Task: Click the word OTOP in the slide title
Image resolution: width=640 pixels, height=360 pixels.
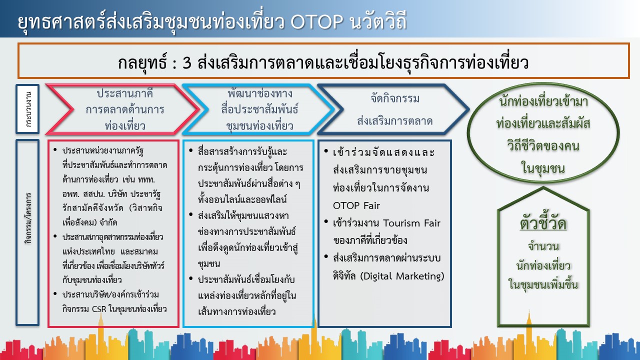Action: click(x=316, y=21)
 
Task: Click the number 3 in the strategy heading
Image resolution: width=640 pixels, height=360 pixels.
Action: click(x=187, y=62)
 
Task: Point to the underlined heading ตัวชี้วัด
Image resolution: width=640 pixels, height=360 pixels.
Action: click(x=543, y=223)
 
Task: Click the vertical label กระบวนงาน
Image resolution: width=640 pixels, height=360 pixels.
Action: click(x=28, y=109)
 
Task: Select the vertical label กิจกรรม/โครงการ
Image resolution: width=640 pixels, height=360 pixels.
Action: click(x=28, y=218)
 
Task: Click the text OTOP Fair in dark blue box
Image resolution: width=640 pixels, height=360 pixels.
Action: click(x=356, y=205)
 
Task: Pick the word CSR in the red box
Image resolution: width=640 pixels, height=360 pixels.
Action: click(x=99, y=309)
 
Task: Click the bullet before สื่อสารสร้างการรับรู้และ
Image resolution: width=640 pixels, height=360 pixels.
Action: click(x=191, y=150)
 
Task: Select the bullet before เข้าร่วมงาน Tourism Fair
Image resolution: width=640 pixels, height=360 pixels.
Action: click(x=326, y=221)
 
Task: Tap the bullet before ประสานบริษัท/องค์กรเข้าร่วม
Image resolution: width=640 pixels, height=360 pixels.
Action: click(x=55, y=293)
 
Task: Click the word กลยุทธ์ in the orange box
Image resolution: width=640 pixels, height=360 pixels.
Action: click(x=142, y=63)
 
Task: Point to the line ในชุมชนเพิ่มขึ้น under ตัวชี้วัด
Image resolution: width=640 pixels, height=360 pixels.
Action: click(x=543, y=285)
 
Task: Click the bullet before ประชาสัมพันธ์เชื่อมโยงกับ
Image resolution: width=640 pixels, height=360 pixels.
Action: click(x=191, y=278)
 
